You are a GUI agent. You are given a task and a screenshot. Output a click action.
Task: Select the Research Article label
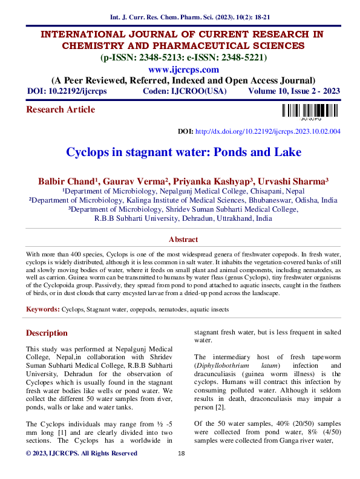61,109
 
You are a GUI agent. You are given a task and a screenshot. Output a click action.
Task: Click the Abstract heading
183,239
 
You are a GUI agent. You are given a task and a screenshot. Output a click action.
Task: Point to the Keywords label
42,310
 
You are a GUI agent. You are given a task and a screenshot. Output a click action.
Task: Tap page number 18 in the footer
180,471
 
